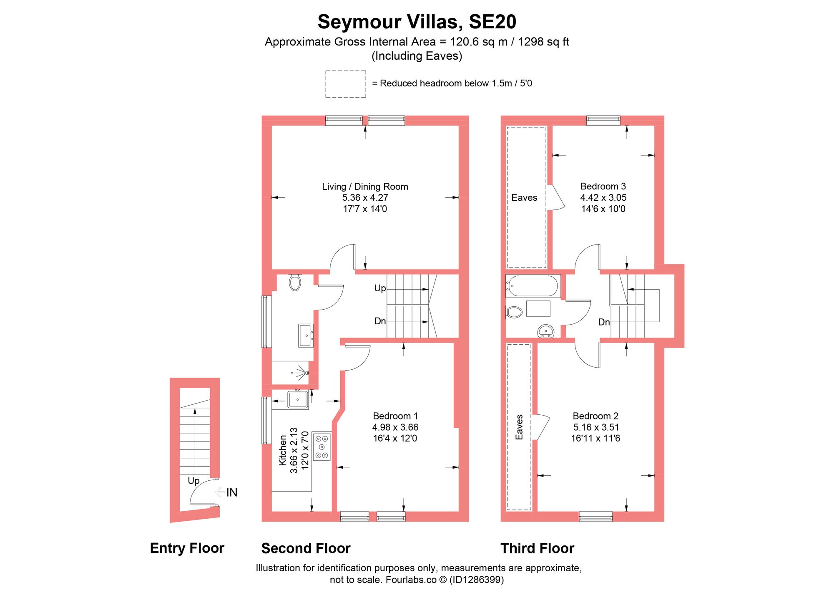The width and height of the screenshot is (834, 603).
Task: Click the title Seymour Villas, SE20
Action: [417, 22]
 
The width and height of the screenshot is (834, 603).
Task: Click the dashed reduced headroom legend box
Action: [345, 84]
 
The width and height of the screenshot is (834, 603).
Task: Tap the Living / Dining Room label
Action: [365, 187]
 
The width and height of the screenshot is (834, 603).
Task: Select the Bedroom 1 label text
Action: [395, 416]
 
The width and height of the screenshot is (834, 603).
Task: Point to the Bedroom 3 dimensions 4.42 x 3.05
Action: [603, 198]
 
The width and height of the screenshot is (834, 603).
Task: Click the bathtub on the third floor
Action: [533, 286]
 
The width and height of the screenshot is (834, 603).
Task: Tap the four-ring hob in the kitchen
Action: [322, 447]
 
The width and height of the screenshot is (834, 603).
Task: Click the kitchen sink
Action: [298, 399]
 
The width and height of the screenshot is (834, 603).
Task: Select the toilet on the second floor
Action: [295, 282]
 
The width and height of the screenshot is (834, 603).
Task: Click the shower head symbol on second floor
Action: [301, 372]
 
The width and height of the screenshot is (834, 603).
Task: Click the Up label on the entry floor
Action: [193, 481]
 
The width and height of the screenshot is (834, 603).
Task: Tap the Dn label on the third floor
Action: [604, 322]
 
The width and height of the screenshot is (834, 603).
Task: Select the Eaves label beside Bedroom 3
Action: [524, 198]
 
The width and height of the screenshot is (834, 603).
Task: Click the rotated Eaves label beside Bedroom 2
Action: [519, 427]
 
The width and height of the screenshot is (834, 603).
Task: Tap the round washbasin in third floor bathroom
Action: [545, 331]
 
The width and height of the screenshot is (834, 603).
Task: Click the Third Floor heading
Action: [537, 548]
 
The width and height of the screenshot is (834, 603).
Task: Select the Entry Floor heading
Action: [187, 548]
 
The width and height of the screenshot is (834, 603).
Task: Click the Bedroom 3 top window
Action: [603, 120]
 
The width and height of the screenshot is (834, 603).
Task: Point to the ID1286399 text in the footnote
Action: [476, 580]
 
